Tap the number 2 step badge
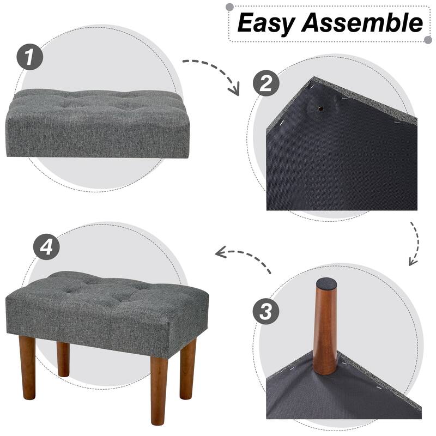tap(266, 84)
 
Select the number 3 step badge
tap(266, 312)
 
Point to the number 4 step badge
tap(46, 247)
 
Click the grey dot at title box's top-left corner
tap(229, 7)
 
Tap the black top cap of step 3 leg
tap(326, 283)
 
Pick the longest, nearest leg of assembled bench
tap(159, 390)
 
